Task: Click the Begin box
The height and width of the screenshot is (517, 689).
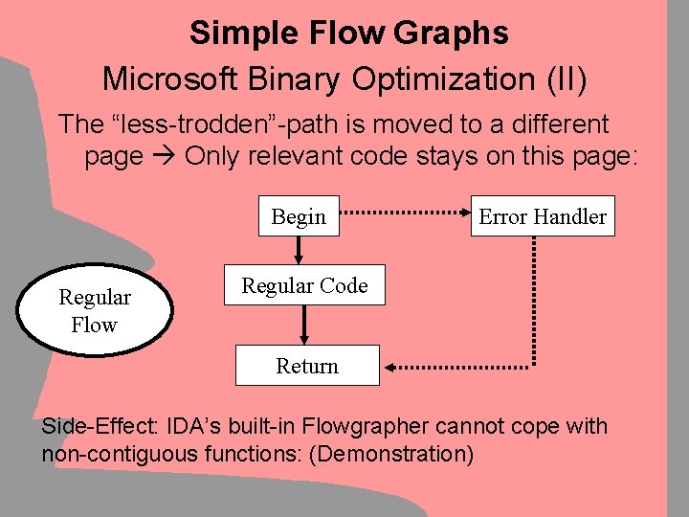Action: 299,217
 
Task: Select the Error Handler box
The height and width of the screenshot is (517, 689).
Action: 542,217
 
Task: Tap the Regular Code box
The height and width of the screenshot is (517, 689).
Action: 304,285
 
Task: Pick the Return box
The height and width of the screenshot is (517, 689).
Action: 307,366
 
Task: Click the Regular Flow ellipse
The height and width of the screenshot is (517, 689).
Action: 94,311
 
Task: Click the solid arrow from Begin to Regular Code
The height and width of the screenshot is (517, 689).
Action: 300,250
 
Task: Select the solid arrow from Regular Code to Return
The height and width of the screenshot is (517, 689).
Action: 305,325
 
